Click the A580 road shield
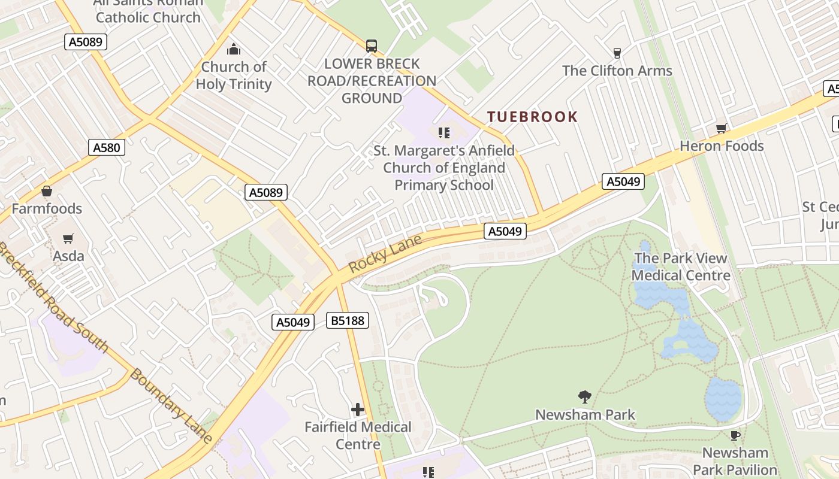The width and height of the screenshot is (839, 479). click(x=107, y=147)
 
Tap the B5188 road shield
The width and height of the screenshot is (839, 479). click(x=348, y=320)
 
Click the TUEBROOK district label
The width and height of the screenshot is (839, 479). click(x=532, y=117)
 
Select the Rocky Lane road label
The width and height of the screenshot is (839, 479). click(x=385, y=254)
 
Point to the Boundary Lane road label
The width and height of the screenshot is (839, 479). click(x=171, y=406)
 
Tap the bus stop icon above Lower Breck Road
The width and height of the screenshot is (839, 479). click(x=372, y=46)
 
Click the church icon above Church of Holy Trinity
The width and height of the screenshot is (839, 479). click(x=234, y=49)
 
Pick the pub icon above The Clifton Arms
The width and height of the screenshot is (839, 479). click(x=617, y=53)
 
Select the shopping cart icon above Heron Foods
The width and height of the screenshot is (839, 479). click(x=722, y=129)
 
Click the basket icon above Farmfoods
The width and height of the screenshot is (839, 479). click(x=47, y=192)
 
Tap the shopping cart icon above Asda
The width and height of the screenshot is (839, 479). click(x=68, y=239)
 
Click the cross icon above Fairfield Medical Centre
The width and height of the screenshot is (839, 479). click(x=358, y=410)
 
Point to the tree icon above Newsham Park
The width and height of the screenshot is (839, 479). click(x=585, y=397)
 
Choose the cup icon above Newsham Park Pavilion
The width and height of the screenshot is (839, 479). click(x=735, y=435)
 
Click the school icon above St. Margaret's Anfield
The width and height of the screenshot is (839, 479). click(x=443, y=132)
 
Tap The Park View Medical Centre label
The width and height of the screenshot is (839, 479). click(x=681, y=267)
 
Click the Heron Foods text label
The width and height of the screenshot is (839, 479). click(x=722, y=146)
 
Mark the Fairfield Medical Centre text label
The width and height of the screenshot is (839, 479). click(x=358, y=435)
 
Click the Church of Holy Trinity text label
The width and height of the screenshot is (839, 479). click(x=234, y=75)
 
